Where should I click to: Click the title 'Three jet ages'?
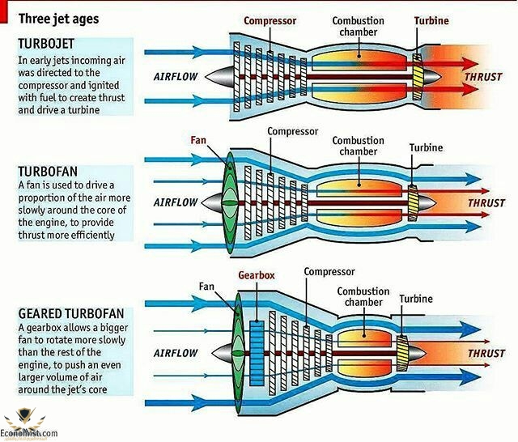60,15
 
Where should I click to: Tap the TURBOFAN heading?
47,172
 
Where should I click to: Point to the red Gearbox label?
257,275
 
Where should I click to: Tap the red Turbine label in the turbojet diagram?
431,21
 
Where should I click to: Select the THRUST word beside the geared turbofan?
486,354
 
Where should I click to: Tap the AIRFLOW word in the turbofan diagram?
176,202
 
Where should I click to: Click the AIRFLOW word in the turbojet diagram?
176,77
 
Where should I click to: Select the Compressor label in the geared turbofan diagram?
329,272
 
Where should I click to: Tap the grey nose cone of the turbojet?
219,78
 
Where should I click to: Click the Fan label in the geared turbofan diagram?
207,286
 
